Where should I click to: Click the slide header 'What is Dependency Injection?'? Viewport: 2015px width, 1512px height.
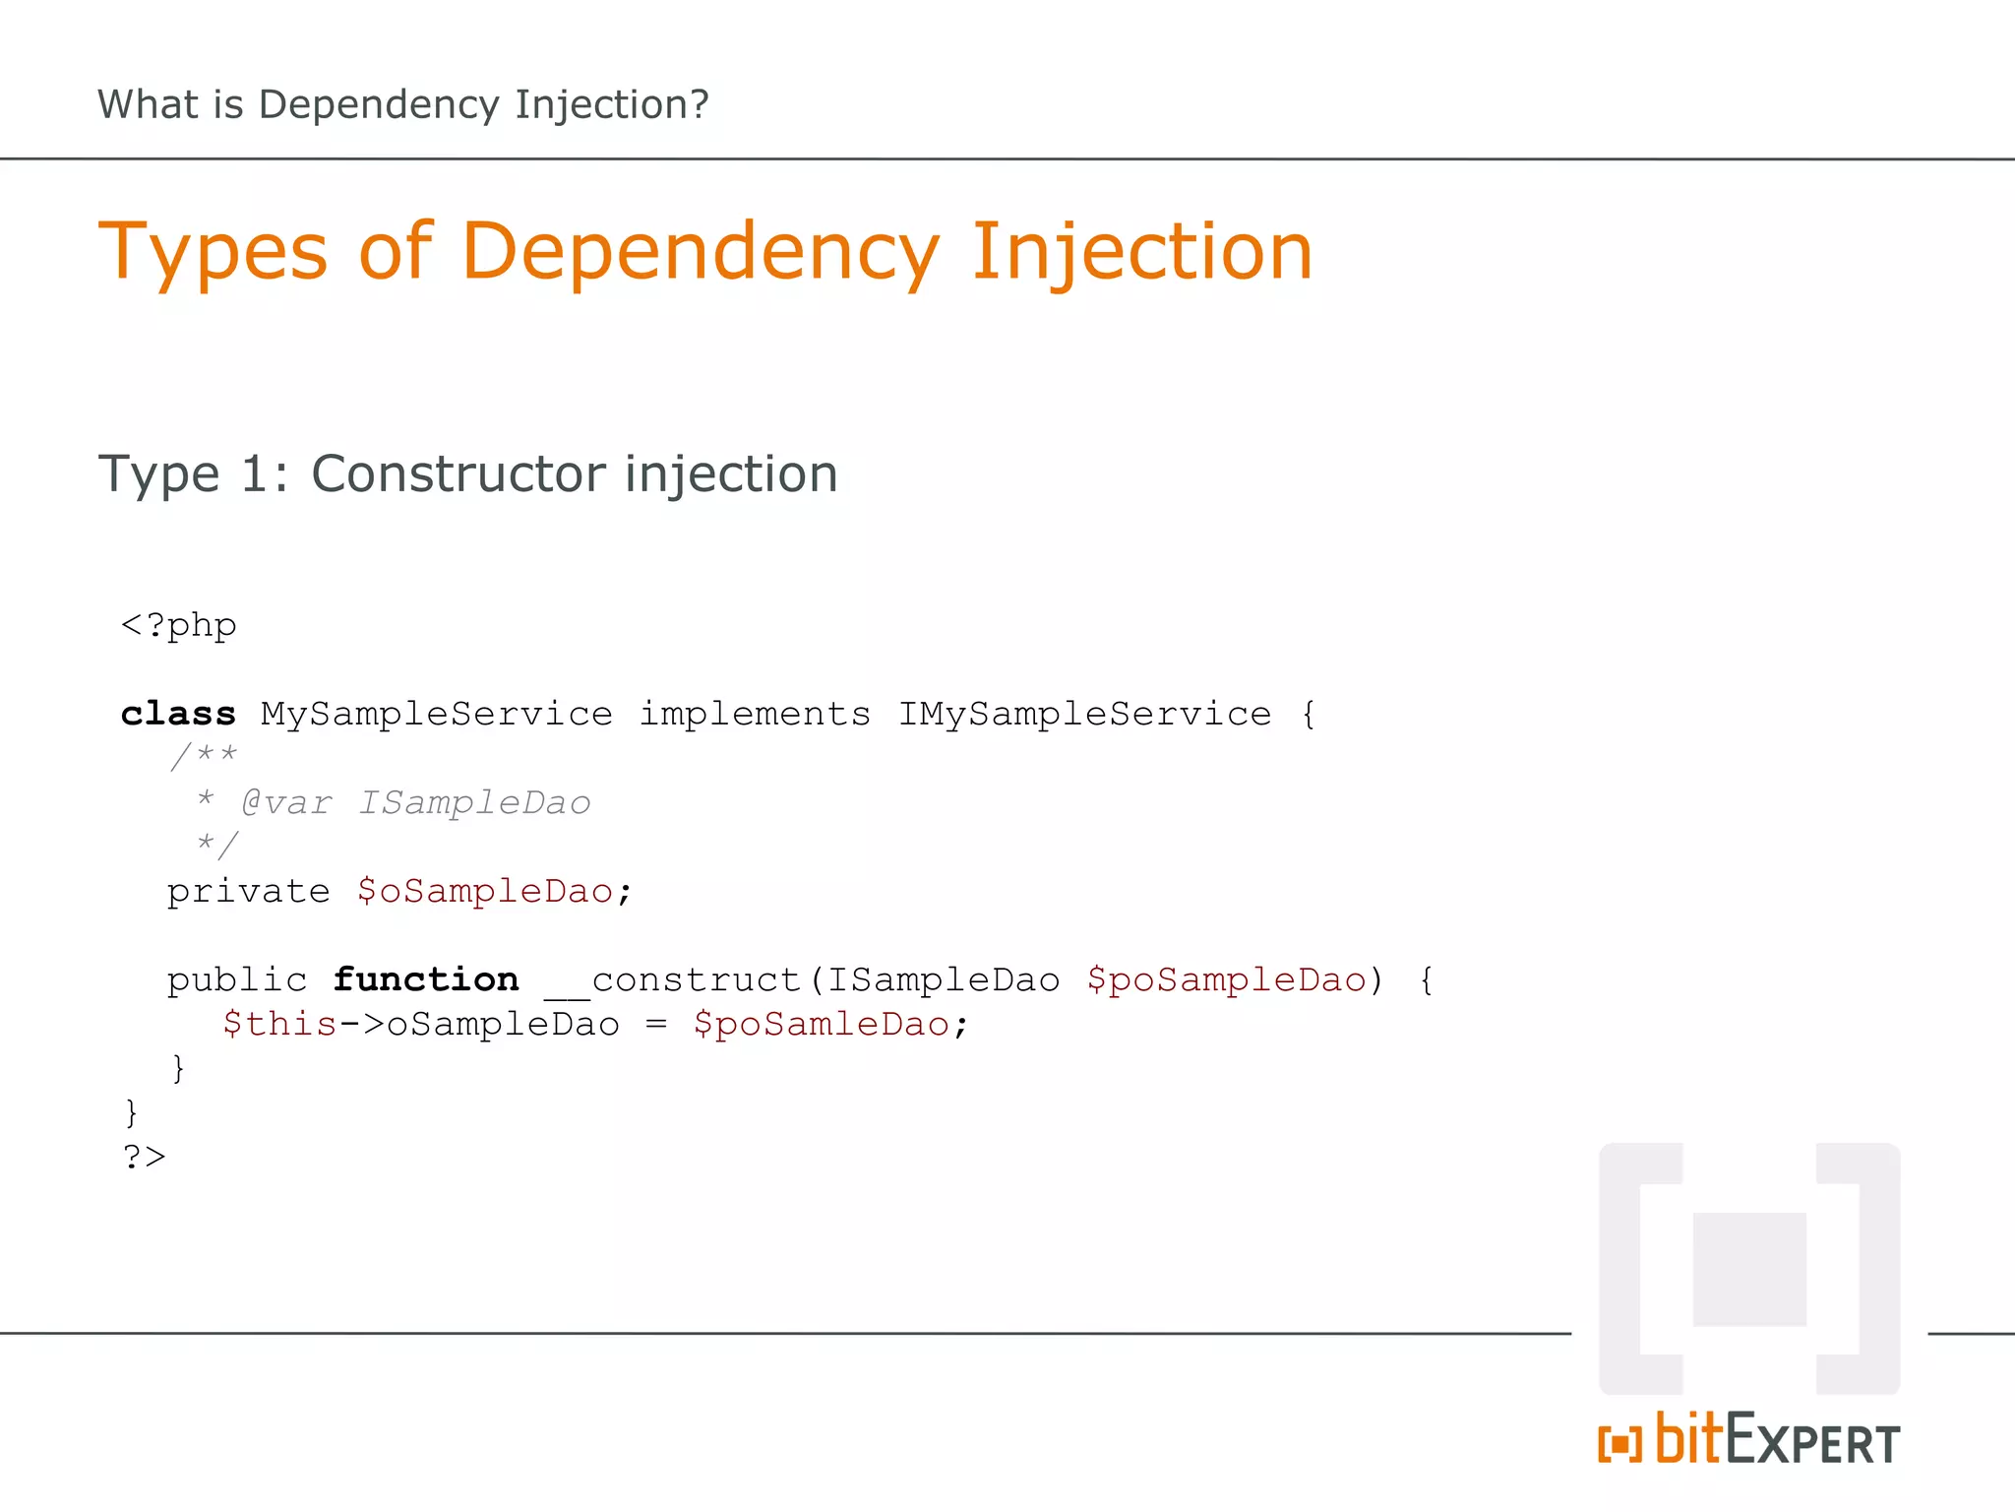click(402, 104)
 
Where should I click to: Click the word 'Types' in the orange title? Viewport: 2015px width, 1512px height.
click(213, 252)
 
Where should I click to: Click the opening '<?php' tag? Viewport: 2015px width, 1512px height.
click(178, 626)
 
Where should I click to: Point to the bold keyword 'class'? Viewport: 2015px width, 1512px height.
click(178, 714)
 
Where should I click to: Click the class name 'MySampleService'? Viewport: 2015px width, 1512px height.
click(436, 714)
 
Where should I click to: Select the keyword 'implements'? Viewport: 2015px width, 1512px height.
click(755, 714)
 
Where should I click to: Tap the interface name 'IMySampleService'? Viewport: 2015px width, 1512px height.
click(1084, 714)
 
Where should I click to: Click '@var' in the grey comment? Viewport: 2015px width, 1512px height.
click(286, 803)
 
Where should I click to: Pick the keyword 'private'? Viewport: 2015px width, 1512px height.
click(248, 891)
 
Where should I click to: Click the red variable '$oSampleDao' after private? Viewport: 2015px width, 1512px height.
click(485, 891)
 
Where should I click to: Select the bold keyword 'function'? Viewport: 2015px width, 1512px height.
click(426, 979)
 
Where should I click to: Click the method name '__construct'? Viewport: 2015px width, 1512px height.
click(673, 980)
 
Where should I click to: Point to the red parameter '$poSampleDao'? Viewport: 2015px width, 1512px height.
click(1226, 979)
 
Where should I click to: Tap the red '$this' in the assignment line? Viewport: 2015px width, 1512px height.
click(279, 1024)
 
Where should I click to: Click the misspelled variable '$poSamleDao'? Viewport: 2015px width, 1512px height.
click(822, 1024)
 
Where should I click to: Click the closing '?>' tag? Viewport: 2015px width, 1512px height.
click(144, 1157)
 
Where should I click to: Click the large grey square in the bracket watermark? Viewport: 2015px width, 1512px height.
click(1748, 1270)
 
